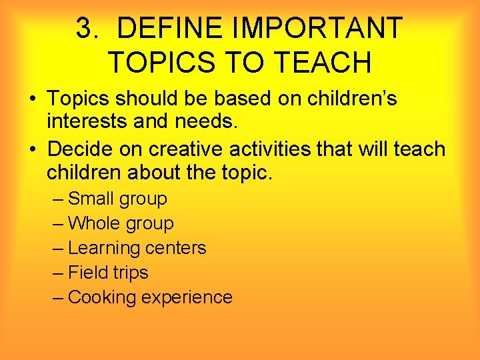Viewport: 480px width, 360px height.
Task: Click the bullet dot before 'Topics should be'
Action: click(x=33, y=100)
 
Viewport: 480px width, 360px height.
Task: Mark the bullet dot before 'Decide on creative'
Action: click(x=33, y=148)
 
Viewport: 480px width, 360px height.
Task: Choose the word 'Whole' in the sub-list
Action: click(x=93, y=223)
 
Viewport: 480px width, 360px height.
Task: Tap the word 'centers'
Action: click(x=175, y=248)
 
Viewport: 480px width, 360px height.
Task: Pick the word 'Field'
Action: click(x=87, y=273)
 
